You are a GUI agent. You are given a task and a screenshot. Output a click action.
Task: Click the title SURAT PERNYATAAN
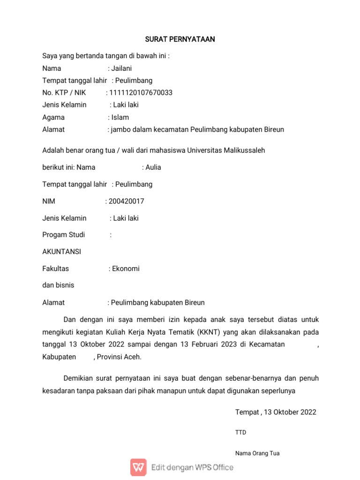pos(180,39)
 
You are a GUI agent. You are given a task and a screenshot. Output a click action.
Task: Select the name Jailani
pos(122,68)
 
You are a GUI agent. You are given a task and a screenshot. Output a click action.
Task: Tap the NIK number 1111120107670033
pos(141,93)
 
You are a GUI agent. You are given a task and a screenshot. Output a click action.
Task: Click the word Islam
pos(120,117)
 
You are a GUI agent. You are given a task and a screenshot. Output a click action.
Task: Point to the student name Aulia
pos(153,167)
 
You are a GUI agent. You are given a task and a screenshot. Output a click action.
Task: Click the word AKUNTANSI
pos(61,252)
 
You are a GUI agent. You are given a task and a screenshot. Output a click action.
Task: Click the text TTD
pos(240,433)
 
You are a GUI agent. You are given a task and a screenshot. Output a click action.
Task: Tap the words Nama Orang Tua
pos(257,453)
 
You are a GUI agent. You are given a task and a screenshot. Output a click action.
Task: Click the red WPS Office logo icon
pos(138,467)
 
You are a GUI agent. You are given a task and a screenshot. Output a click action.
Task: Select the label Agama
pos(53,117)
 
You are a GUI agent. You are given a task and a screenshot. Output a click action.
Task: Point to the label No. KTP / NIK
pos(64,93)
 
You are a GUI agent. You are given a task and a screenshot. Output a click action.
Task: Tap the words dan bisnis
pos(58,285)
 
